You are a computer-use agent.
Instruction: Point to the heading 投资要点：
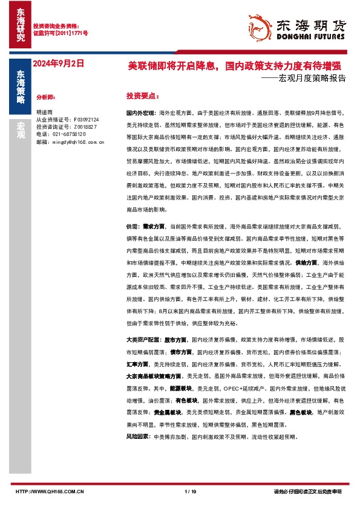tap(142, 96)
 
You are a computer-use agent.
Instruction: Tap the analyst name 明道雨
tap(44, 112)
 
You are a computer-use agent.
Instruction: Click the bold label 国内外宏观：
tap(140, 113)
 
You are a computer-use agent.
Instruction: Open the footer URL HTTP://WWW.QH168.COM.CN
tap(50, 491)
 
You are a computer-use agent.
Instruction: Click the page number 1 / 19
tap(190, 491)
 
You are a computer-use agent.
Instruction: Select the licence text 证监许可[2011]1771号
tap(60, 34)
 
